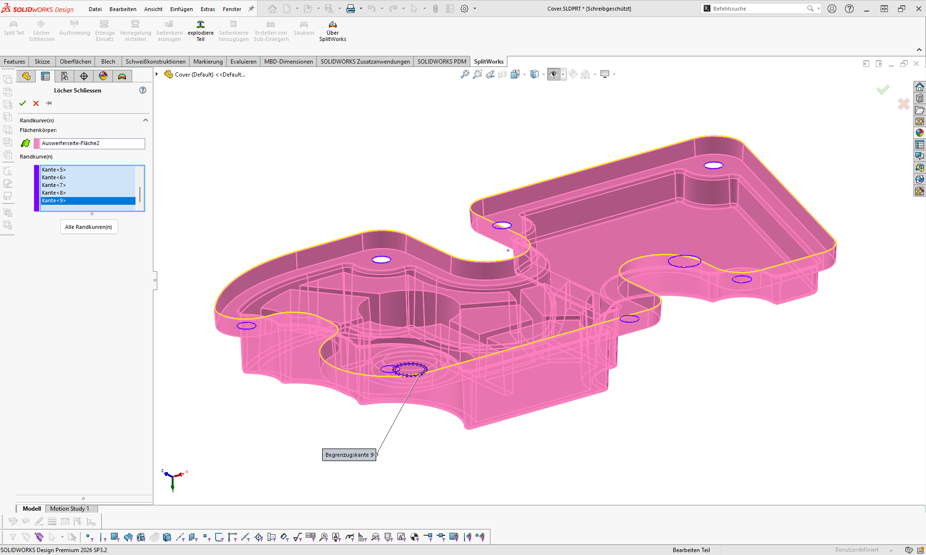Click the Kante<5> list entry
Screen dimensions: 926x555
pos(54,170)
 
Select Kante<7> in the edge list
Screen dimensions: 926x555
pos(54,185)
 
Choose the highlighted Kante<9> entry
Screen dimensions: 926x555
pos(54,200)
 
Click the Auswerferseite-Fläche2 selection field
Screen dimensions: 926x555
pos(92,143)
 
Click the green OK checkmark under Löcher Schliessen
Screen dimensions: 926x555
pos(23,103)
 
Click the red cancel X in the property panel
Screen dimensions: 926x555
pos(36,103)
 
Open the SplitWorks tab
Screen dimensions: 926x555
pos(489,62)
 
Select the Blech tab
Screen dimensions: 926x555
pos(108,62)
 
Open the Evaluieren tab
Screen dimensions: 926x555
pos(243,62)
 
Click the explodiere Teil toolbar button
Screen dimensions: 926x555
pos(201,31)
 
